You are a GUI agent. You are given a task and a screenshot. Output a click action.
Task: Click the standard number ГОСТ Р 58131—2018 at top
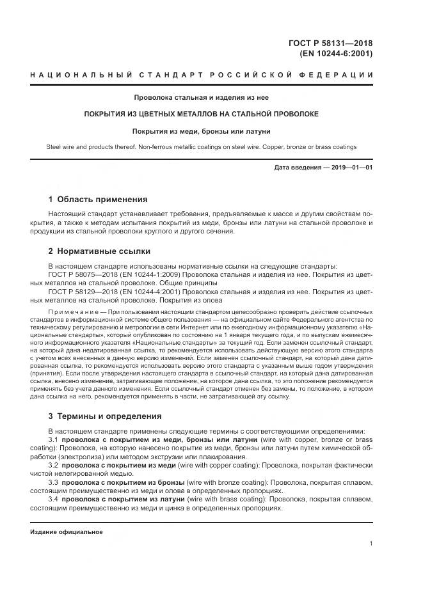[331, 43]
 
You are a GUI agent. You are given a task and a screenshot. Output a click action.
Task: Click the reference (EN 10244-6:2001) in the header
[336, 54]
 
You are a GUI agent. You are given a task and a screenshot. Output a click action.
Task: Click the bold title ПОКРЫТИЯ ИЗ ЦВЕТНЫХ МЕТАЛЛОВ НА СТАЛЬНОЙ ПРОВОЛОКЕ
[202, 114]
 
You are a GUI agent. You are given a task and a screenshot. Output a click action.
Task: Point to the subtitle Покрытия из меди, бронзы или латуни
[202, 131]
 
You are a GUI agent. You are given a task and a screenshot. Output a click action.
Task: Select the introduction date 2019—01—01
[351, 168]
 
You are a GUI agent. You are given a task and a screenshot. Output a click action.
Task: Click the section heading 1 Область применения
[98, 200]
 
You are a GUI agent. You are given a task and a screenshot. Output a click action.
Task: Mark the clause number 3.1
[54, 440]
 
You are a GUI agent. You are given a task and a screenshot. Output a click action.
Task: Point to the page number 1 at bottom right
[371, 543]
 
